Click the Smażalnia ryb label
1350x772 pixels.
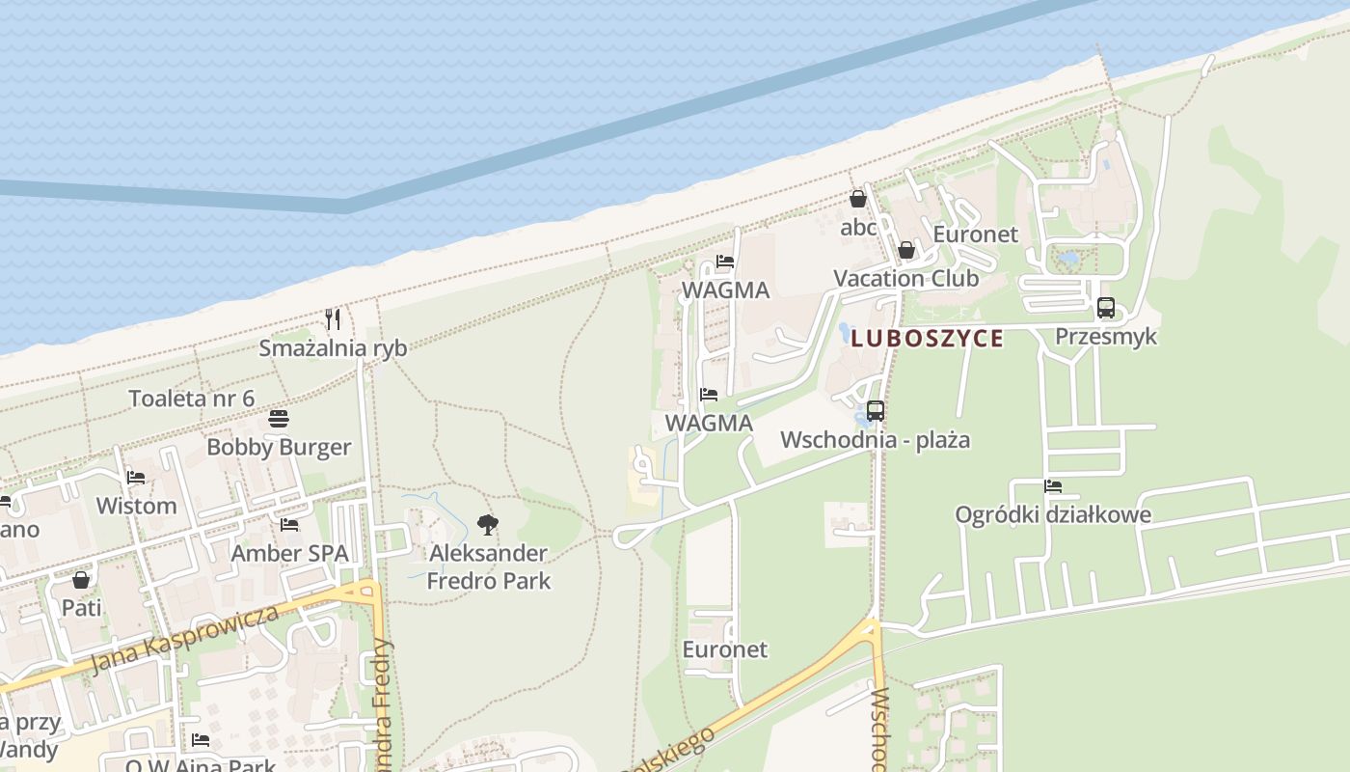pos(333,348)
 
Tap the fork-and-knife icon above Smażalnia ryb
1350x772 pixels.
pos(333,319)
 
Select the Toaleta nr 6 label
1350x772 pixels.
pos(192,399)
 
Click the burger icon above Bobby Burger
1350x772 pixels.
pos(279,419)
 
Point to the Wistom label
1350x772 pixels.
pos(136,506)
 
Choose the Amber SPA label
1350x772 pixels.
pos(289,554)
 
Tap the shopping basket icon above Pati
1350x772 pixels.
pos(81,580)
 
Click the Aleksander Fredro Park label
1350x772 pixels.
pos(488,566)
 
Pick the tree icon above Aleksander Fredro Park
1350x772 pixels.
pos(488,525)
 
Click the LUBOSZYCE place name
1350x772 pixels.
pos(928,339)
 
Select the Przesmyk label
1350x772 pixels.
pos(1106,337)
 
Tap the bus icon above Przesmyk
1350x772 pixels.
pos(1106,308)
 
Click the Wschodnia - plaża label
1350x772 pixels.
pos(875,440)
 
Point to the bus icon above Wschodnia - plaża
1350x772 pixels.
pos(875,410)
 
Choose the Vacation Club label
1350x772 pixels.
pos(906,279)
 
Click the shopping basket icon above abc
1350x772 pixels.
pos(858,199)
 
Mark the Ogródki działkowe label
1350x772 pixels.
pos(1053,514)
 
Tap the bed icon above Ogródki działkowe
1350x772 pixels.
pos(1053,486)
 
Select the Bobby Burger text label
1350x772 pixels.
pos(279,448)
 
